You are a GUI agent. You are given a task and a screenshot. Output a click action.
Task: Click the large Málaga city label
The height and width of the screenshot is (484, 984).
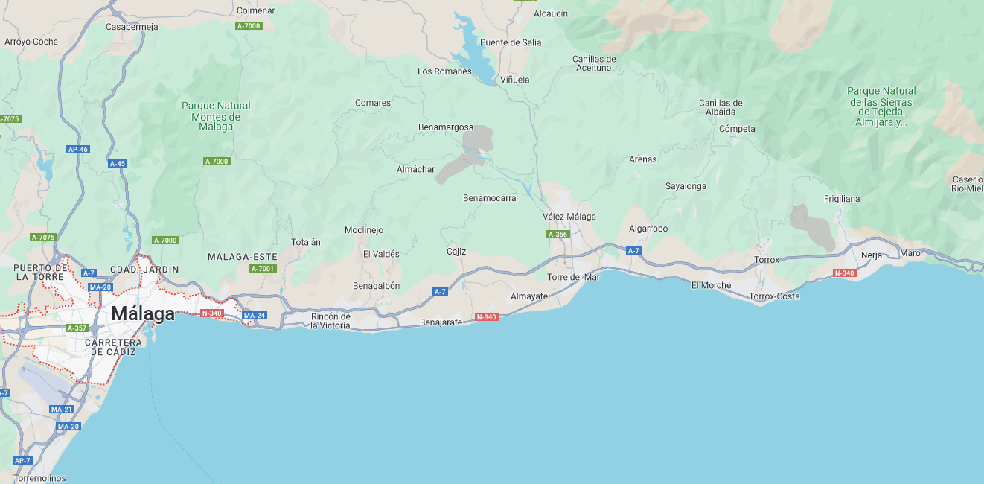click(143, 314)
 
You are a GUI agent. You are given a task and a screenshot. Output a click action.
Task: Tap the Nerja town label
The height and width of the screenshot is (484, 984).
click(872, 255)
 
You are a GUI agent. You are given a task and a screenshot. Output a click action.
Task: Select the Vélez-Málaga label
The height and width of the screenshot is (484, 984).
click(569, 217)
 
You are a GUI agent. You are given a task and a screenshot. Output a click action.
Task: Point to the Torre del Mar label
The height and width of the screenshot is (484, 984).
click(573, 277)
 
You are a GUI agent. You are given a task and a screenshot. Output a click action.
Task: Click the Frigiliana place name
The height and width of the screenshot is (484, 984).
click(842, 199)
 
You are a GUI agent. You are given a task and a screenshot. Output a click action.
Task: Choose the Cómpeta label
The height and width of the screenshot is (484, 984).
click(737, 129)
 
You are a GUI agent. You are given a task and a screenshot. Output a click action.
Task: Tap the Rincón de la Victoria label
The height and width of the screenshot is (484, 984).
click(330, 321)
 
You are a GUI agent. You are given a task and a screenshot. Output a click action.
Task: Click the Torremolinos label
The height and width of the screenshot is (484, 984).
click(39, 478)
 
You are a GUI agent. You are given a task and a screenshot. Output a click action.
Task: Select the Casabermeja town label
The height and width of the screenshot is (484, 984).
click(132, 27)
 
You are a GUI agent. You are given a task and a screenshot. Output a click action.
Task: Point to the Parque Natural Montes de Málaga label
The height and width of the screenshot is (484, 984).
click(216, 116)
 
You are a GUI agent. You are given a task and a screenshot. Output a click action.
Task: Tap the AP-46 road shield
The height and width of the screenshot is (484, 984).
click(78, 150)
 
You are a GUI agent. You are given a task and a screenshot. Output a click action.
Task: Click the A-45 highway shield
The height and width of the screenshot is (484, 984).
click(118, 163)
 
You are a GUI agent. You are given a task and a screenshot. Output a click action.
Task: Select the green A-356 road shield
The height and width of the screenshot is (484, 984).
click(558, 235)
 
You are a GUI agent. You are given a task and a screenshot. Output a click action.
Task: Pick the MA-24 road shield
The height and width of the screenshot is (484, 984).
click(255, 316)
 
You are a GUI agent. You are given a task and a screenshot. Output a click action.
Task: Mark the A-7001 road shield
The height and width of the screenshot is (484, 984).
click(263, 269)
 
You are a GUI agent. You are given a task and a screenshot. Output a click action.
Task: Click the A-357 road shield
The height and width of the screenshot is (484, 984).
click(77, 328)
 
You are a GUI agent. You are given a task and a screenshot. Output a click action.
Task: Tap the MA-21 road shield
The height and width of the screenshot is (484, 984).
click(61, 410)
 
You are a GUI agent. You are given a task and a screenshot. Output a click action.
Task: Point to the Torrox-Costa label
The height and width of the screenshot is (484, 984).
click(774, 296)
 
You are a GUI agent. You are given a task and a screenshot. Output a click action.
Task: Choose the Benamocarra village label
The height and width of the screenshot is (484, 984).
click(489, 198)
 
